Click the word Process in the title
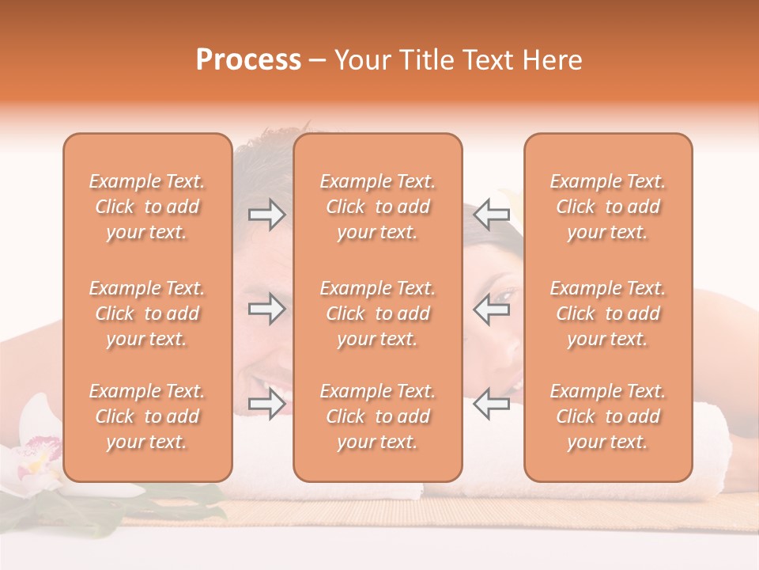tap(248, 60)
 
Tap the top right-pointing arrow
tap(267, 215)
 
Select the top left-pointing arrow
tap(491, 215)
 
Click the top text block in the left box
tap(147, 207)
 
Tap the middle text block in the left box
tap(147, 313)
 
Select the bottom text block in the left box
tap(147, 416)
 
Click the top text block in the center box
tap(377, 207)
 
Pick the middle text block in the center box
tap(377, 313)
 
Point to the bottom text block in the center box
tap(377, 416)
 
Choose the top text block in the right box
tap(607, 207)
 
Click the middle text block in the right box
tap(607, 313)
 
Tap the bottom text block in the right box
tap(607, 416)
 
